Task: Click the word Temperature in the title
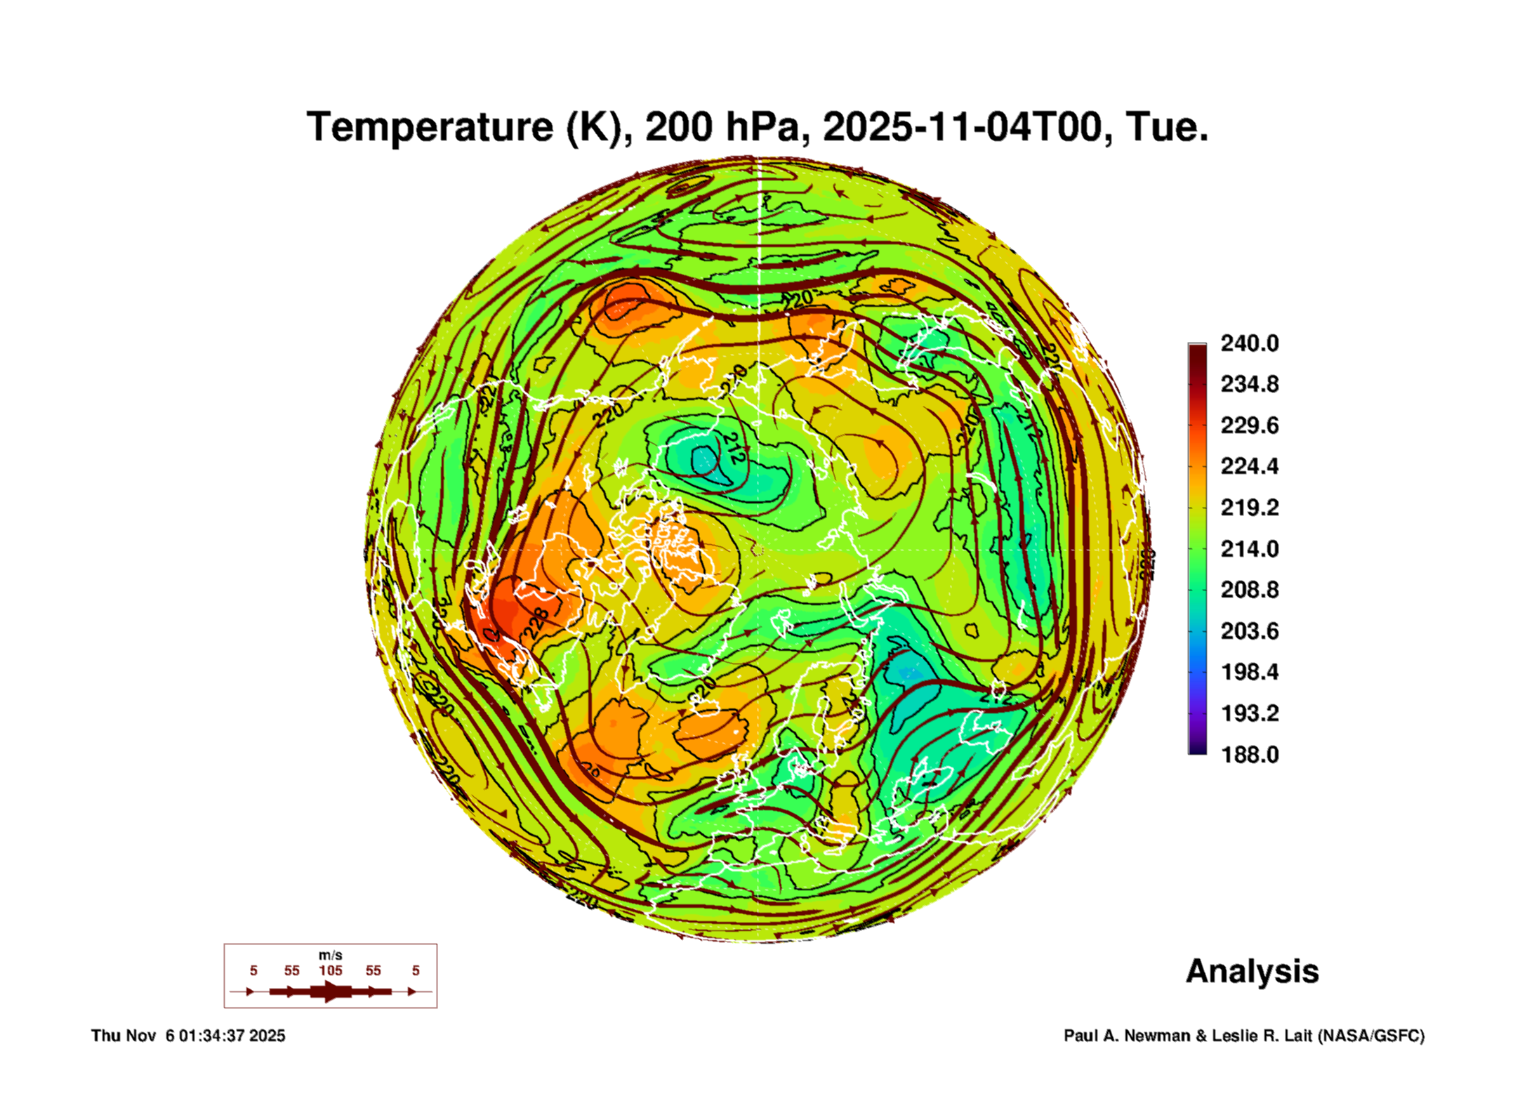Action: pos(430,127)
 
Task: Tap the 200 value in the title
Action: pos(679,127)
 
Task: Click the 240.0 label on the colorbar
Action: pos(1250,343)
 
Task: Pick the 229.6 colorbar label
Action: pos(1250,425)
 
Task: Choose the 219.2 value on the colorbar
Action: pos(1250,508)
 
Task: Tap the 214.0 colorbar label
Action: pos(1250,548)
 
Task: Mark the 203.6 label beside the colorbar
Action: pos(1250,631)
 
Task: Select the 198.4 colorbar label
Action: pos(1250,672)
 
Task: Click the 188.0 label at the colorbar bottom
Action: pos(1250,755)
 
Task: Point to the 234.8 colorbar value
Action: pos(1250,384)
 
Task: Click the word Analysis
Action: pos(1252,972)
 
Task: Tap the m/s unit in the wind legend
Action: pos(331,956)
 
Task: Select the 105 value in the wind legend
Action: pos(331,970)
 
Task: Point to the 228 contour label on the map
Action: pos(536,622)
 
